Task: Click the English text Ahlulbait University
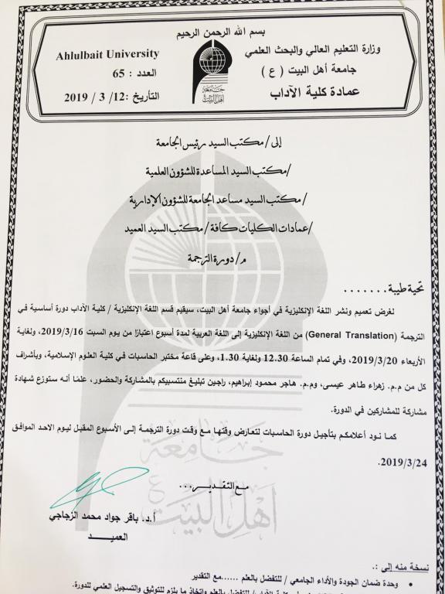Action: pyautogui.click(x=107, y=54)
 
